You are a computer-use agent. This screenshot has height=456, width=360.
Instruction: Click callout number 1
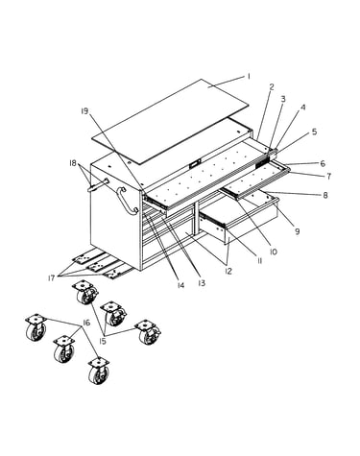(x=248, y=77)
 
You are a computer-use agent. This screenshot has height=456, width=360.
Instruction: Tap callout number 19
(x=84, y=111)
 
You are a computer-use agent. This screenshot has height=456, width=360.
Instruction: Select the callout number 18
(x=73, y=163)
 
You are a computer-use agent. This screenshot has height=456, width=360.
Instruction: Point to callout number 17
(x=51, y=278)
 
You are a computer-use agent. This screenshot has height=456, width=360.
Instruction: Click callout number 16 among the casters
(x=86, y=323)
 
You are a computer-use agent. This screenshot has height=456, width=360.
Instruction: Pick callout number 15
(x=103, y=342)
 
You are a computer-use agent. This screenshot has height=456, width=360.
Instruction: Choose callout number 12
(x=228, y=271)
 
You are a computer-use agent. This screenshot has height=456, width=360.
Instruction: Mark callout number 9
(x=298, y=230)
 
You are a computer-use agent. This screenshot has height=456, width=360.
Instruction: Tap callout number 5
(x=314, y=132)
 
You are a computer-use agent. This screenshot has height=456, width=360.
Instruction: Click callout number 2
(x=272, y=86)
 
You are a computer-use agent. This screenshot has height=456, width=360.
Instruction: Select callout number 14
(x=180, y=285)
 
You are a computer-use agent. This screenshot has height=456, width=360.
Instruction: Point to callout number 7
(x=328, y=176)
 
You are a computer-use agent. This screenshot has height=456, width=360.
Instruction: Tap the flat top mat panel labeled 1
(x=170, y=122)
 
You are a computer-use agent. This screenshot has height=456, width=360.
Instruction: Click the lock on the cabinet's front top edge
(x=194, y=165)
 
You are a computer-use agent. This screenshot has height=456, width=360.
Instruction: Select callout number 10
(x=273, y=252)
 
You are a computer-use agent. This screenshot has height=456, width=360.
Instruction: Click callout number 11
(x=259, y=261)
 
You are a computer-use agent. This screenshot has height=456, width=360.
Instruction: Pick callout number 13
(x=202, y=283)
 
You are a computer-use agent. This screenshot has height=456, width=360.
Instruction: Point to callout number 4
(x=302, y=108)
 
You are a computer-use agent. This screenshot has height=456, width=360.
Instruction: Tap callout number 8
(x=325, y=195)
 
